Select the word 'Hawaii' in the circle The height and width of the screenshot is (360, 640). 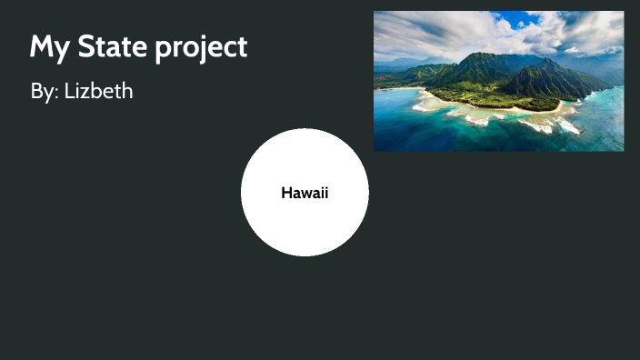pos(305,193)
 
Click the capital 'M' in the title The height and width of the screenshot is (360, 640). pos(40,46)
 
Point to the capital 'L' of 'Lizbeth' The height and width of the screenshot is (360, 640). pos(69,92)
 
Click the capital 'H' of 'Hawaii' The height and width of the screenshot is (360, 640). pos(286,193)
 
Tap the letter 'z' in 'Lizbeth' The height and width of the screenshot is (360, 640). pos(85,93)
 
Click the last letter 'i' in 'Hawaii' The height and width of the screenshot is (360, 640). pos(325,193)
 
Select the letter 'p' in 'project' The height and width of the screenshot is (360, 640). pos(162,49)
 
